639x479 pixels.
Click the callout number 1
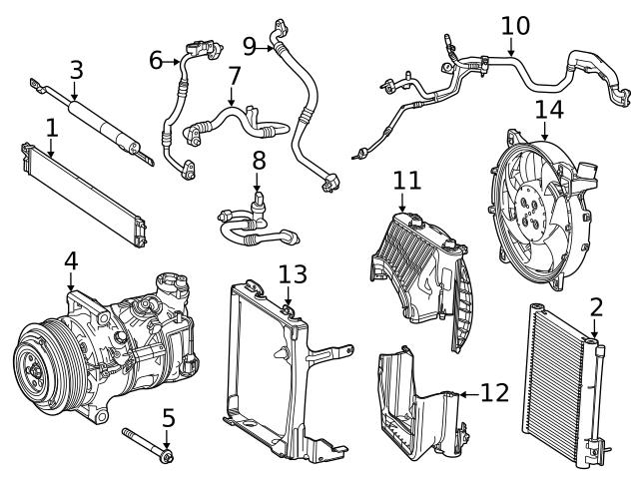[x=51, y=128]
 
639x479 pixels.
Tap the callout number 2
[x=595, y=307]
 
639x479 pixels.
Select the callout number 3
[x=76, y=70]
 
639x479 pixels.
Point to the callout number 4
[x=70, y=260]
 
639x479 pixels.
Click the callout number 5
[x=168, y=416]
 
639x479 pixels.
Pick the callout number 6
[x=156, y=61]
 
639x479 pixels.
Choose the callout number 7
[x=234, y=76]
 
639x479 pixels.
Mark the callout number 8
[x=258, y=160]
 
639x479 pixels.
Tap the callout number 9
[x=251, y=45]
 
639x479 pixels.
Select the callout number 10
[x=515, y=24]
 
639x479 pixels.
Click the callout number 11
[x=406, y=181]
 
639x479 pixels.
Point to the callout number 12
[x=494, y=392]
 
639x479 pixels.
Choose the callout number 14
[x=548, y=109]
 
